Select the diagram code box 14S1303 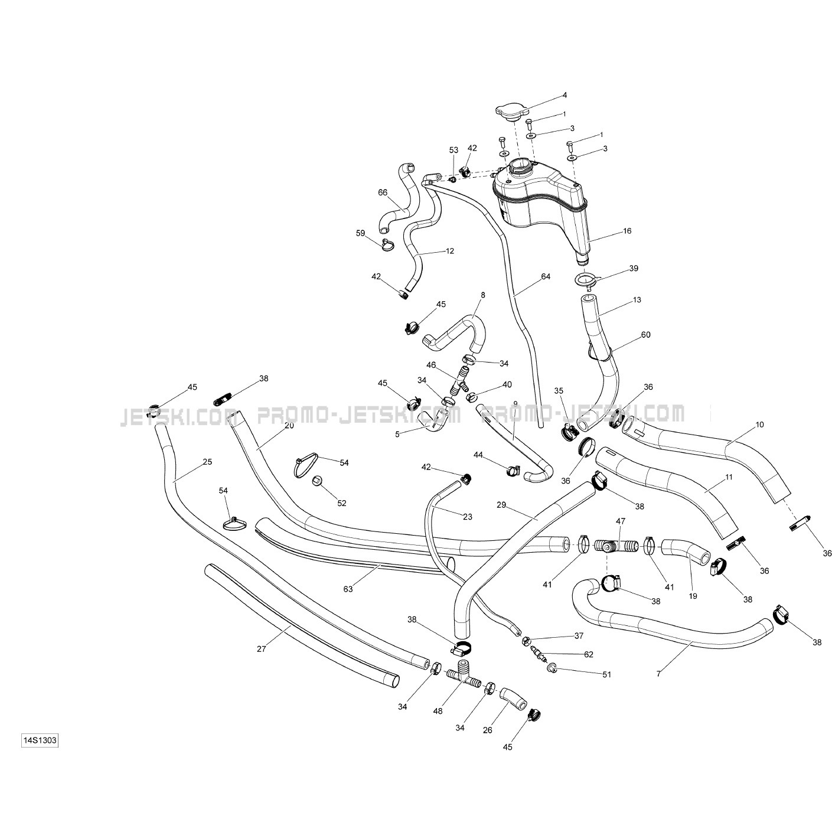(40, 740)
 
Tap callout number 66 (383, 192)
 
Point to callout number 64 (545, 276)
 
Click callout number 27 (262, 649)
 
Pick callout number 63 (348, 588)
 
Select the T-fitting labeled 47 (614, 544)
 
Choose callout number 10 (759, 425)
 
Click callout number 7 (659, 673)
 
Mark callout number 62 (588, 654)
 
